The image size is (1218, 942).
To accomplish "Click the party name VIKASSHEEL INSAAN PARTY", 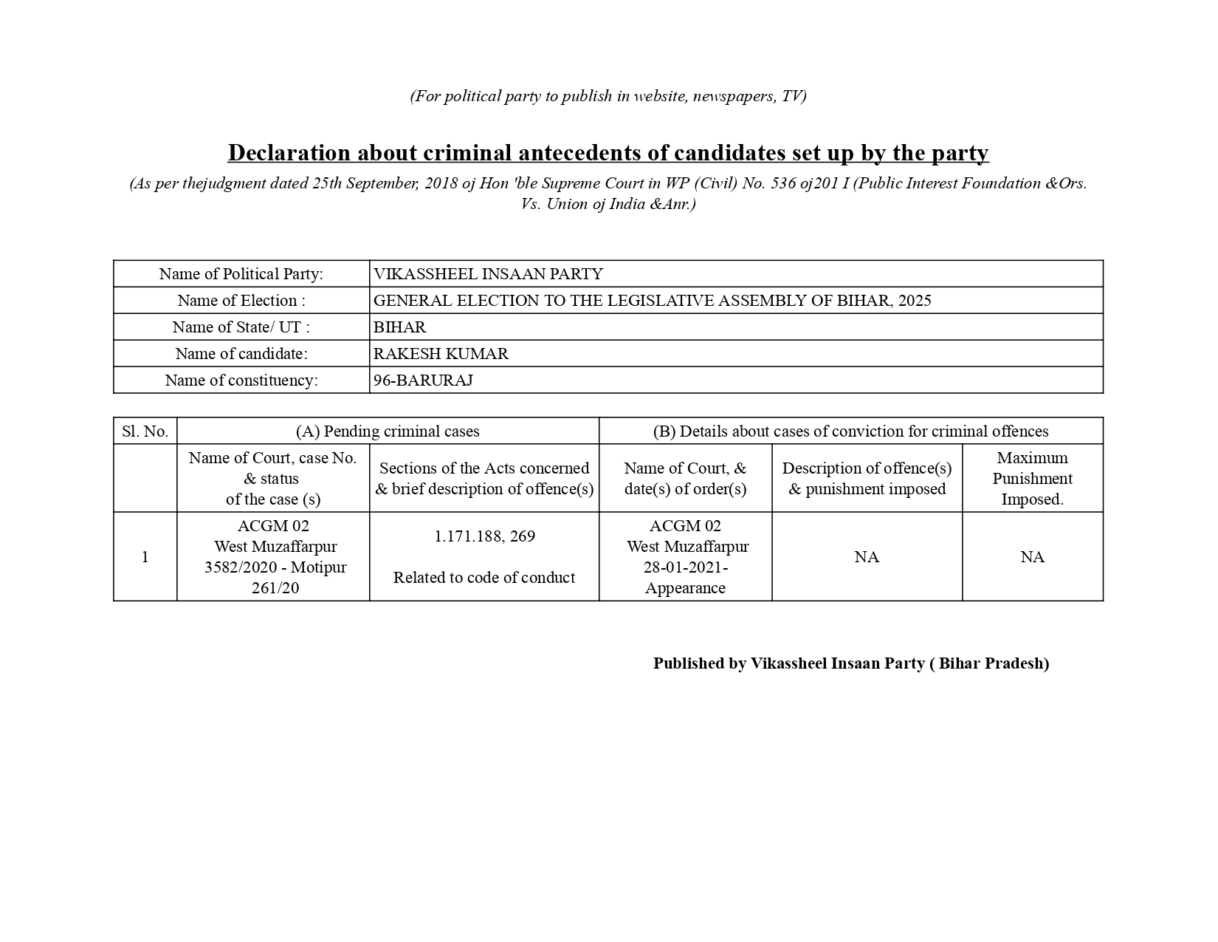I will point(488,274).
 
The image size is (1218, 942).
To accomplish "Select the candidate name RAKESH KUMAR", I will point(441,354).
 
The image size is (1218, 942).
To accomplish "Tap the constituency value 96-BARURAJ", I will point(423,380).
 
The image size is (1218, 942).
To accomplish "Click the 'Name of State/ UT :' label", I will point(241,327).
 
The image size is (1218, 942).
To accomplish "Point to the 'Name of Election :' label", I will point(241,301).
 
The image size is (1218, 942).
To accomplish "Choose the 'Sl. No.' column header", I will point(145,431).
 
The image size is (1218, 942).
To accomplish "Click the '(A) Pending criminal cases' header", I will point(388,431).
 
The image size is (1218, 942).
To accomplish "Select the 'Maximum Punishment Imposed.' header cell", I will point(1032,479).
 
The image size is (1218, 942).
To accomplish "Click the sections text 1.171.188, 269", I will point(484,536).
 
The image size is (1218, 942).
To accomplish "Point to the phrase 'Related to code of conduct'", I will point(484,578).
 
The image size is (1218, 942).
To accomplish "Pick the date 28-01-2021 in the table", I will point(684,567).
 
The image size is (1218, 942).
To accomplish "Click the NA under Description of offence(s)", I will point(867,557).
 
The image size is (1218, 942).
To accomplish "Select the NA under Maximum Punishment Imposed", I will point(1032,557).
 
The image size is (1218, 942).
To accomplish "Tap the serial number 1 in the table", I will point(145,557).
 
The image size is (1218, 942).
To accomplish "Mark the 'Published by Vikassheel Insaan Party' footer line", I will point(850,663).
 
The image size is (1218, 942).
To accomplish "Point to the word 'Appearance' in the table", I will point(685,588).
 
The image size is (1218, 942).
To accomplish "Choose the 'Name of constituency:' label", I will point(241,380).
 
